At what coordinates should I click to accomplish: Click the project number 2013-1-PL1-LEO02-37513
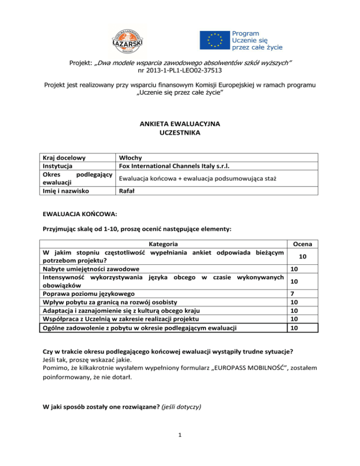click(x=180, y=71)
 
